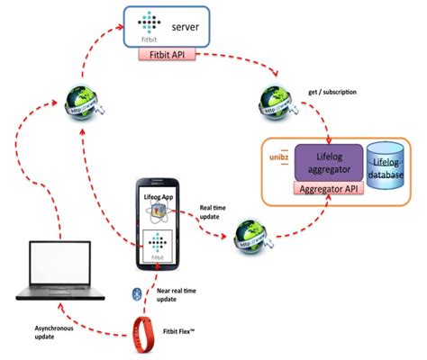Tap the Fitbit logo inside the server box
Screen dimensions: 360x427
tap(147, 28)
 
